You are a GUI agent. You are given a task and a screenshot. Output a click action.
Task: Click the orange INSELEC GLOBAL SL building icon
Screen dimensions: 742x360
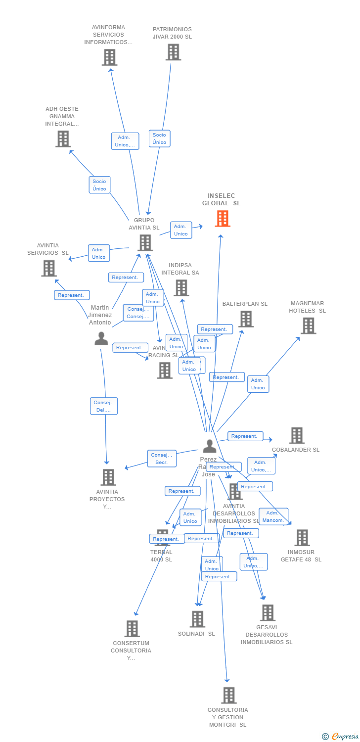tap(223, 218)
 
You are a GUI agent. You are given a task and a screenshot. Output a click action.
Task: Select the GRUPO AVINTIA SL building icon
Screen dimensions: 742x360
tap(145, 242)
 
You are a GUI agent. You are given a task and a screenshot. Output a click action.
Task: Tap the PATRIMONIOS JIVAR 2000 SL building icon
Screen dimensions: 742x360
tap(173, 52)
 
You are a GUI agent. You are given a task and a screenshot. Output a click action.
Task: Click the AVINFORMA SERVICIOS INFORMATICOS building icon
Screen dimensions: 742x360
tap(109, 57)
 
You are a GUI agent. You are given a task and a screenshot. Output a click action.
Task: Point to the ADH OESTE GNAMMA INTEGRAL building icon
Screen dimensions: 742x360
tap(63, 139)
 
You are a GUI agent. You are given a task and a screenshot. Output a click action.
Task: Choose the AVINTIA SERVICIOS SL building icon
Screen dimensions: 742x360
tap(48, 268)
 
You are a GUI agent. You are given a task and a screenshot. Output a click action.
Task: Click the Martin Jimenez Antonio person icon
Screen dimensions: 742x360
tap(101, 338)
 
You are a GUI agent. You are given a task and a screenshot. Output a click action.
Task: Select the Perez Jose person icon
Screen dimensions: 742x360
tap(209, 446)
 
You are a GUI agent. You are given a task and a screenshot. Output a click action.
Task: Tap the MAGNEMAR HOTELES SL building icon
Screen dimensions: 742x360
tap(308, 325)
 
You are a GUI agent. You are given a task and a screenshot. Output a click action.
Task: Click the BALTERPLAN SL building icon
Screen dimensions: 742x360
tap(246, 319)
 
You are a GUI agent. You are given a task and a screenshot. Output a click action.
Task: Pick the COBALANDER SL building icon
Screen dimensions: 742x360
tap(297, 435)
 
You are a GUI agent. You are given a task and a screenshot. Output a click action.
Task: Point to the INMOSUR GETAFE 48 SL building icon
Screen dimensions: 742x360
tap(302, 538)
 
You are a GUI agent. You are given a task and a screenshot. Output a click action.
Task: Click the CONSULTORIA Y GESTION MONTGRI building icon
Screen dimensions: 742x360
tap(228, 695)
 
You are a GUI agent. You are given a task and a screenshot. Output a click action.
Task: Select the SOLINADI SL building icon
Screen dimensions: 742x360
tap(197, 619)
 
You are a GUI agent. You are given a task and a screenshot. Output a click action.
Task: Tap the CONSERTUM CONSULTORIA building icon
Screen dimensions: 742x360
tap(132, 629)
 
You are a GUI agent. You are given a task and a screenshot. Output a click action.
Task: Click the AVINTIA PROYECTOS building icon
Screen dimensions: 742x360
tap(108, 477)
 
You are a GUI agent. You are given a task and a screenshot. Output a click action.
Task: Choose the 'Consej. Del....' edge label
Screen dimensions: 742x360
tap(104, 406)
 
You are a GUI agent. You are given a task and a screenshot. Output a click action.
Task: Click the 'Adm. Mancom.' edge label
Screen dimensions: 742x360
tap(273, 516)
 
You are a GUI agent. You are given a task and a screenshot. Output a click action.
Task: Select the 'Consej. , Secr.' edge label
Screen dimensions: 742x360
tap(162, 459)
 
